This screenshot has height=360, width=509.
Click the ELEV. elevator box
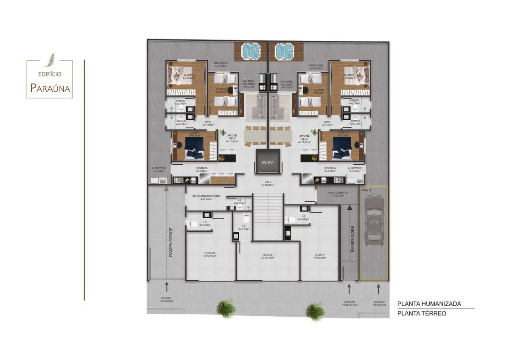point(268,162)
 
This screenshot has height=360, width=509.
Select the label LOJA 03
point(210,254)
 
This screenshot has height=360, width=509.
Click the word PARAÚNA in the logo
point(50,88)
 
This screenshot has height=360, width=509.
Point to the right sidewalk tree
point(315,311)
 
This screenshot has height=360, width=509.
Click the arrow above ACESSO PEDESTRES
point(349,289)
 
